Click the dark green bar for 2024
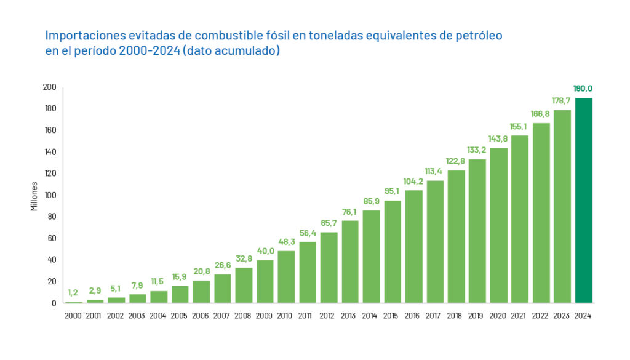pyautogui.click(x=584, y=200)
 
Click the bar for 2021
pyautogui.click(x=520, y=218)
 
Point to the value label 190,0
pyautogui.click(x=583, y=89)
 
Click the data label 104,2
pyautogui.click(x=413, y=181)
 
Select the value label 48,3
pyautogui.click(x=286, y=242)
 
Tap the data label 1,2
pyautogui.click(x=74, y=292)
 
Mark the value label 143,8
pyautogui.click(x=498, y=138)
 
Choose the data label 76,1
pyautogui.click(x=350, y=212)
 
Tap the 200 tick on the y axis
pyautogui.click(x=50, y=87)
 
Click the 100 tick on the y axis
pyautogui.click(x=50, y=195)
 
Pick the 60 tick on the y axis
pyautogui.click(x=52, y=238)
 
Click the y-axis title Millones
pyautogui.click(x=34, y=196)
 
